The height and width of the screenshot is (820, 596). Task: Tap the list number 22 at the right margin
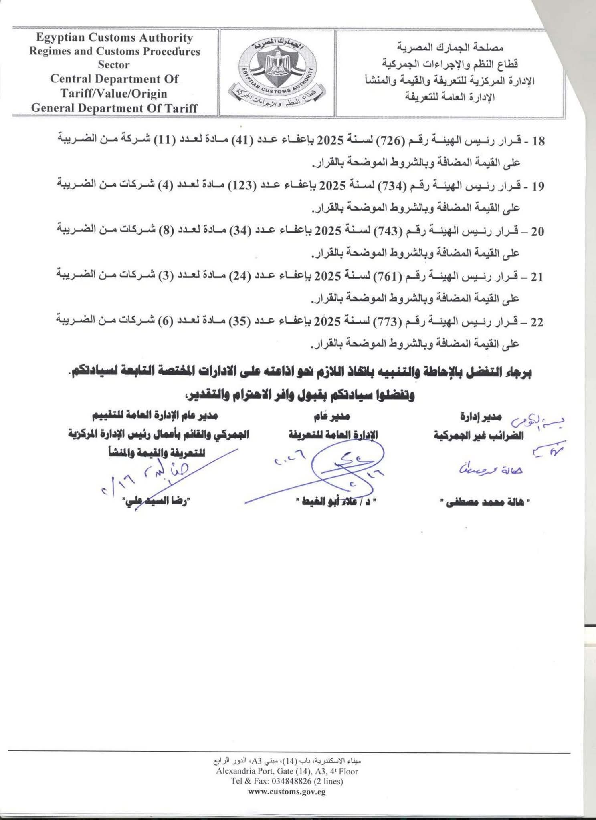(536, 322)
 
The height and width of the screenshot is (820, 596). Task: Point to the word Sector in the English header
(114, 65)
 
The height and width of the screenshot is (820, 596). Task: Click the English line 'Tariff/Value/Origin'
(114, 93)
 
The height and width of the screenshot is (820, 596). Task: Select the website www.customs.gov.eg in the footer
(287, 792)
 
